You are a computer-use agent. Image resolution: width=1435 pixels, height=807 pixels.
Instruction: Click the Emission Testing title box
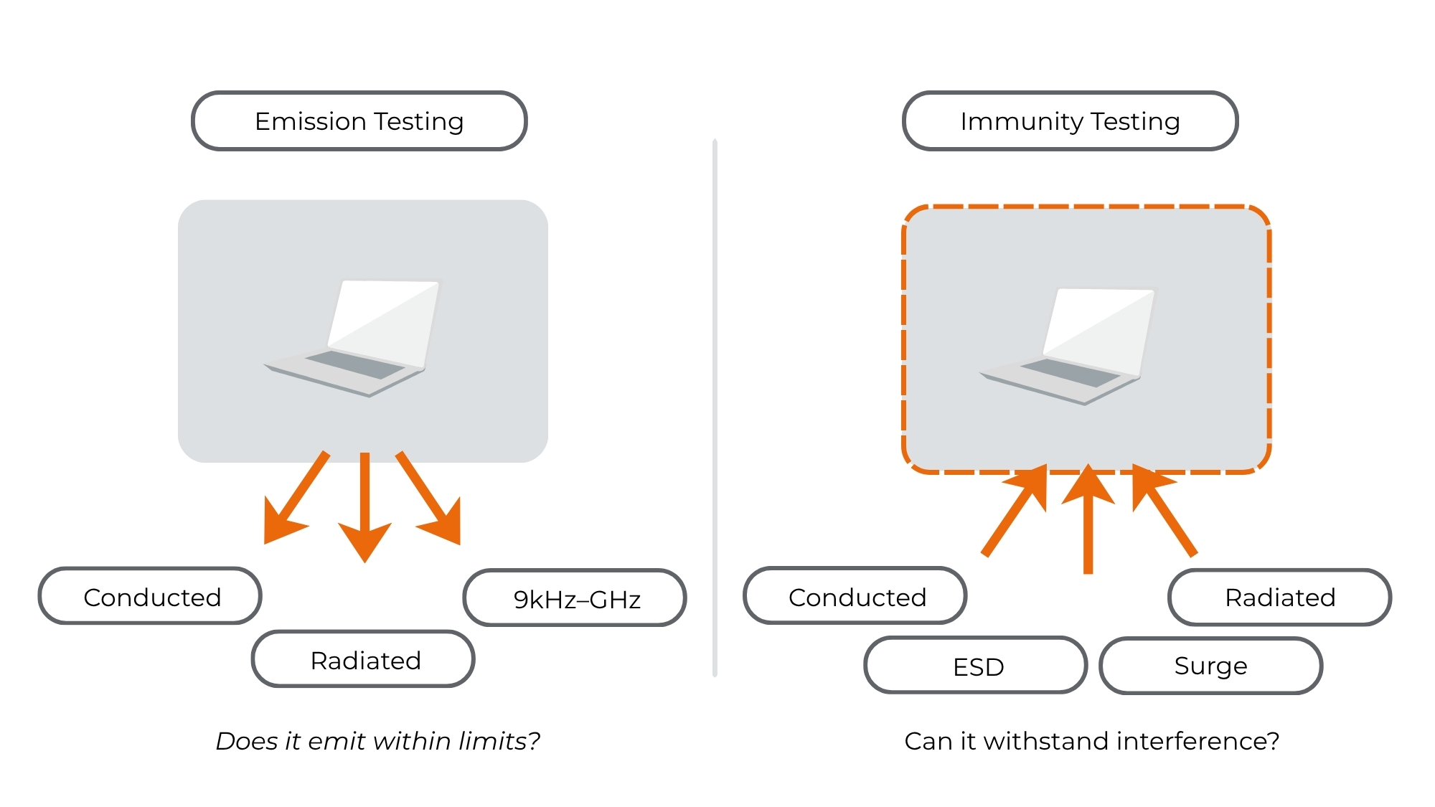tap(359, 121)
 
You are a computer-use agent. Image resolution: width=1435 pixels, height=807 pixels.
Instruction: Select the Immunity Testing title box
tap(1070, 121)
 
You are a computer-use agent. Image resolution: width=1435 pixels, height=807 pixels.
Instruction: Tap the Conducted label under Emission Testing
tap(151, 597)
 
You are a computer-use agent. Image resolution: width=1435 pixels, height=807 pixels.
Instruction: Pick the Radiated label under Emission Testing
tap(364, 660)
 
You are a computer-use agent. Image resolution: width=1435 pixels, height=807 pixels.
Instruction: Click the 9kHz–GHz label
tap(575, 598)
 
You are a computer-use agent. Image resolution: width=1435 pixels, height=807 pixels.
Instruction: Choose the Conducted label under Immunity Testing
tap(855, 597)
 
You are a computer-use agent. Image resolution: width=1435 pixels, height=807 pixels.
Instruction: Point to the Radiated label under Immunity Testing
tap(1280, 598)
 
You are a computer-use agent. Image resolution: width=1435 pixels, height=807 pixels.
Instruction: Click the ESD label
tap(977, 666)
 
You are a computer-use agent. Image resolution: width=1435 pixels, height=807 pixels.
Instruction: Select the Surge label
tap(1211, 666)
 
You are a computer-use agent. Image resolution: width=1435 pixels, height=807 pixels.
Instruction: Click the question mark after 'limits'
tap(534, 741)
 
